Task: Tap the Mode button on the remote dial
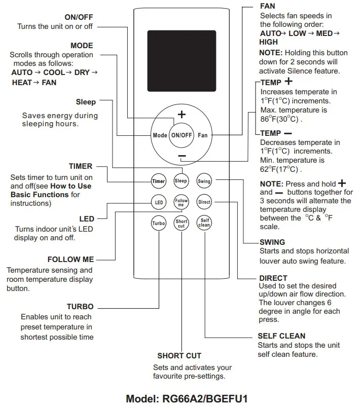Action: point(160,135)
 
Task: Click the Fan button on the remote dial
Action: point(203,135)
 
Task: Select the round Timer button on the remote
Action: point(159,181)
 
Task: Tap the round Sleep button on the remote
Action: point(181,181)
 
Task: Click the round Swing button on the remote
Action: point(204,181)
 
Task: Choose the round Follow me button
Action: point(181,202)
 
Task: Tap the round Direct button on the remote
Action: point(204,202)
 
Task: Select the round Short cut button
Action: point(181,224)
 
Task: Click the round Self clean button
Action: point(204,224)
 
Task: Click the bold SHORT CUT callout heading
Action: point(179,356)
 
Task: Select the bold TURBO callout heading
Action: point(80,307)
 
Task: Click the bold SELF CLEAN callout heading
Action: point(281,336)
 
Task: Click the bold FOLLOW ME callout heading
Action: point(70,259)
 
